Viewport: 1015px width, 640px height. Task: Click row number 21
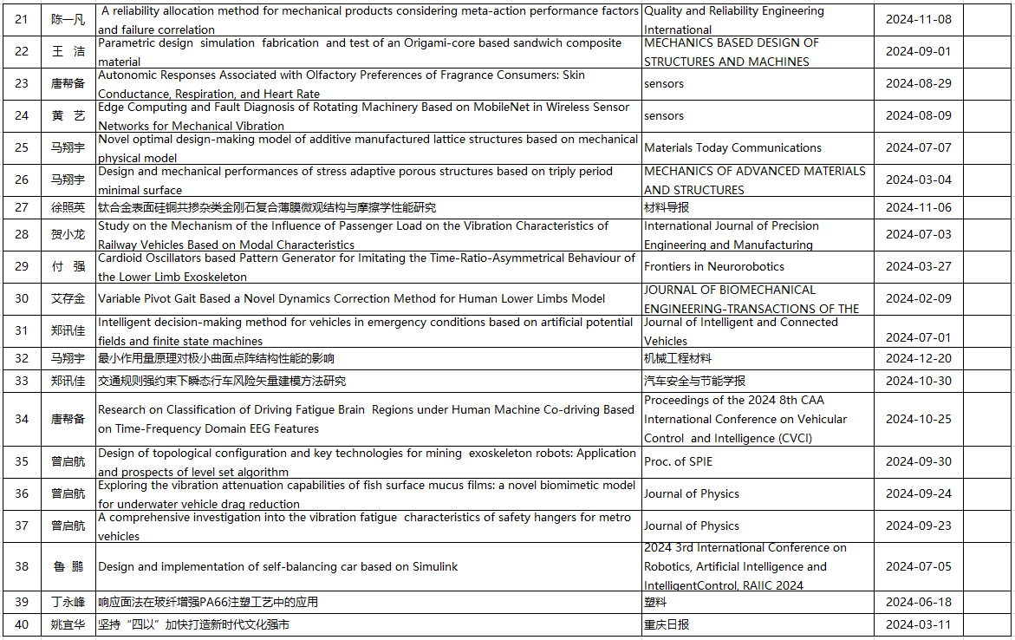(x=22, y=19)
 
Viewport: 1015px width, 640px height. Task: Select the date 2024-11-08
(x=918, y=19)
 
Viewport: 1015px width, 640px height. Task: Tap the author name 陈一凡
(x=68, y=19)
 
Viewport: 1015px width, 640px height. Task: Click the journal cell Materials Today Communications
(x=732, y=147)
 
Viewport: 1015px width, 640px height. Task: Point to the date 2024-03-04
(x=918, y=180)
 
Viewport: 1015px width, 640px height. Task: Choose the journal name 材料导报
(x=667, y=207)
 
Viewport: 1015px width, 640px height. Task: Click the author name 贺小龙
(x=68, y=234)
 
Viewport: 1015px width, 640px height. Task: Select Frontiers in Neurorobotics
(x=713, y=266)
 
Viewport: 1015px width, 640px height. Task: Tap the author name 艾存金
(x=68, y=298)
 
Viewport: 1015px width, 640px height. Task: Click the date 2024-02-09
(x=918, y=298)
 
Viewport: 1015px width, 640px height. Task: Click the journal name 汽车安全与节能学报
(x=694, y=381)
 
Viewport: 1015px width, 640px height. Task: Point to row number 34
(x=22, y=419)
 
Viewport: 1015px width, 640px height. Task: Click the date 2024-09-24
(x=918, y=493)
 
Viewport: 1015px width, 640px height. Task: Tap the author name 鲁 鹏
(x=68, y=566)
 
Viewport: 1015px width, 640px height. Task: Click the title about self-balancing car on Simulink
(x=277, y=566)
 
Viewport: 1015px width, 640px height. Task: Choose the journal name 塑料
(x=655, y=602)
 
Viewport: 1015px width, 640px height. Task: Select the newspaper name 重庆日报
(x=667, y=624)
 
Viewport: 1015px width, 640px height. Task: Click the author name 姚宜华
(x=68, y=624)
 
